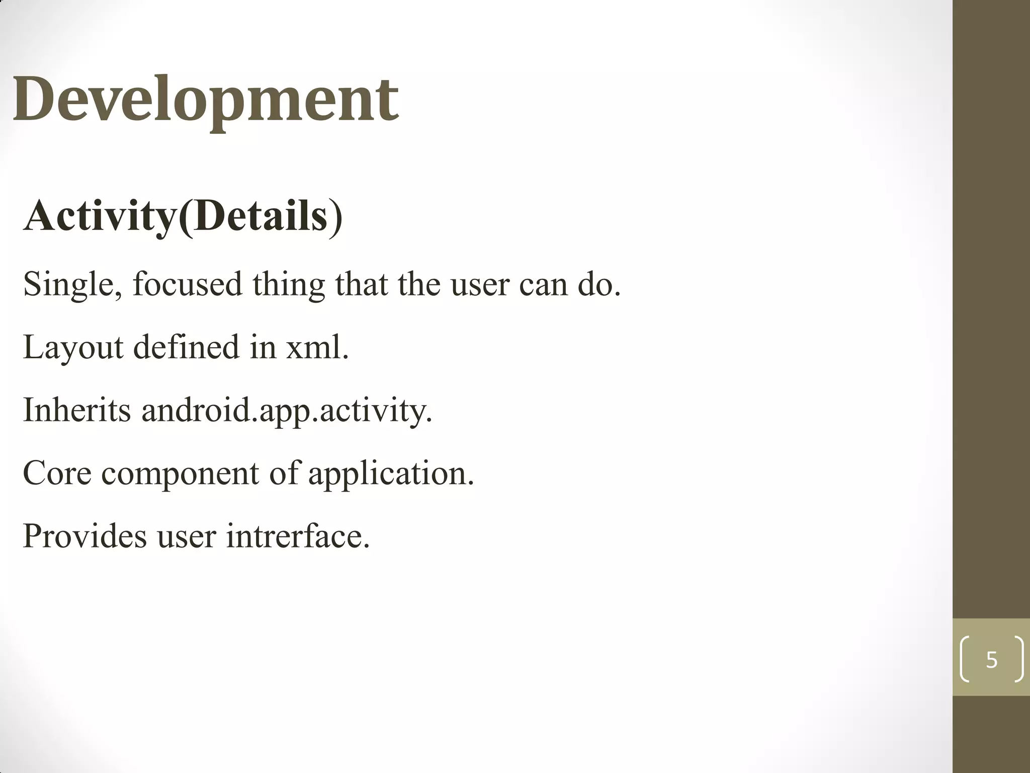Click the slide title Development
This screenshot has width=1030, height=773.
(206, 99)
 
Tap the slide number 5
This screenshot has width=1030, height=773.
(991, 659)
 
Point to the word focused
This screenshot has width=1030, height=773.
(188, 285)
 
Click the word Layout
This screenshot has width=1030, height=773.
(73, 348)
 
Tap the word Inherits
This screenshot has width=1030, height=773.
(77, 410)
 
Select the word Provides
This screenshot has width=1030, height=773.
(85, 536)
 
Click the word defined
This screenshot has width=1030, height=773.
(186, 348)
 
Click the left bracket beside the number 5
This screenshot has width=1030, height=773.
(965, 659)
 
